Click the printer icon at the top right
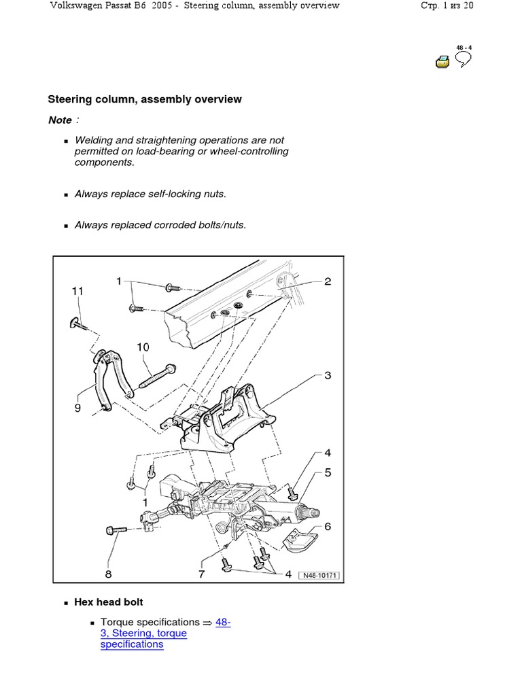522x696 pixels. pos(442,63)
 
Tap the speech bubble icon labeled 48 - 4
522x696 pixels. pos(463,59)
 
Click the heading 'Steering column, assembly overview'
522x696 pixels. pos(144,99)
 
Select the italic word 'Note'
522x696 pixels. pos(60,120)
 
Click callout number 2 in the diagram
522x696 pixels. pos(328,281)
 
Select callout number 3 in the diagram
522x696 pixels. pos(328,375)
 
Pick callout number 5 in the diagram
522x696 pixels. pos(328,472)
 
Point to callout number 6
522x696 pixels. pos(328,526)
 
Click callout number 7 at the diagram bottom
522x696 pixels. pos(202,575)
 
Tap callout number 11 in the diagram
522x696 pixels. pos(77,291)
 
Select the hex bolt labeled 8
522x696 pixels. pos(117,529)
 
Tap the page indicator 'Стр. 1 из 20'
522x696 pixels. pos(448,6)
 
